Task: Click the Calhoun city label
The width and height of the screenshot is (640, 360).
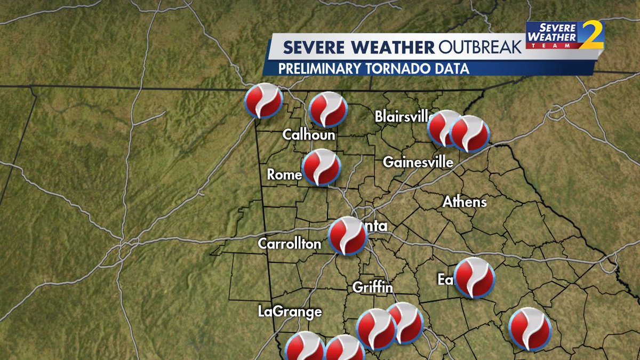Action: point(309,135)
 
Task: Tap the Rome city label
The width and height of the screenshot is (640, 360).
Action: point(284,174)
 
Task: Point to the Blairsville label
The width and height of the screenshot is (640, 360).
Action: point(402,116)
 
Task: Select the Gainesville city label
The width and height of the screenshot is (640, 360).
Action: point(418,162)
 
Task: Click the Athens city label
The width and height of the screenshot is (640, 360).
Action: point(465,202)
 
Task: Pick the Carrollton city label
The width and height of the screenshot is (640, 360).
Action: point(290,244)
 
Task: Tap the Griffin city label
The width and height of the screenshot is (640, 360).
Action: point(372,287)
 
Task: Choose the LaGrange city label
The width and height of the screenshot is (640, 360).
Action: point(290,311)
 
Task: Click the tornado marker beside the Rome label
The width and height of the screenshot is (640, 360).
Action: point(321,167)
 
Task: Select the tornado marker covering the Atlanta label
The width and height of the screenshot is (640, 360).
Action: point(348,236)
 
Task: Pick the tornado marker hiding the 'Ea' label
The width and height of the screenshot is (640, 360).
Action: point(474,277)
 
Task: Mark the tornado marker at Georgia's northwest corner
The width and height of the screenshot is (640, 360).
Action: point(263,101)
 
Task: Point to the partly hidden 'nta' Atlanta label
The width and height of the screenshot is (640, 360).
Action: point(377,226)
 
